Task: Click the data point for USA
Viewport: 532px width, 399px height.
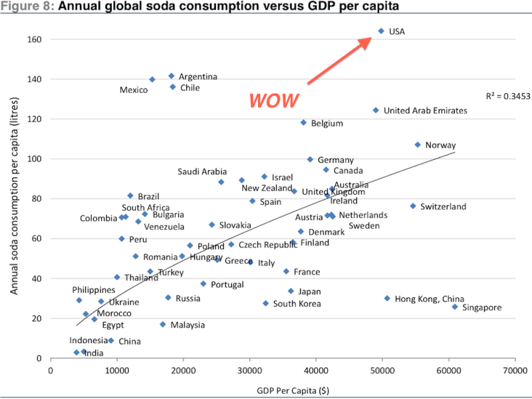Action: coord(381,31)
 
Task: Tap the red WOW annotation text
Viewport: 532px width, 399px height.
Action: coord(274,100)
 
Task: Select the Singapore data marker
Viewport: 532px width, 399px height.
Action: coord(455,307)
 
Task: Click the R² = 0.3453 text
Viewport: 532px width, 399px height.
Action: coord(507,96)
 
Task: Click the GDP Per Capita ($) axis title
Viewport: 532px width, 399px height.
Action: coord(283,389)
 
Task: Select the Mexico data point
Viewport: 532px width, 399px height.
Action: coord(152,79)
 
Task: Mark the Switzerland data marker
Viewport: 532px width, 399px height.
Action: coord(412,206)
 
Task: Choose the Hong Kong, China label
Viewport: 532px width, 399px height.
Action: coord(430,299)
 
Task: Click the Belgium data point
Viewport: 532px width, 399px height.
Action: coord(303,122)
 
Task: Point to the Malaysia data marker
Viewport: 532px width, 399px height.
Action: coord(162,325)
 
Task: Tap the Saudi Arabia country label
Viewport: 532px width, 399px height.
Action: coord(202,172)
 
